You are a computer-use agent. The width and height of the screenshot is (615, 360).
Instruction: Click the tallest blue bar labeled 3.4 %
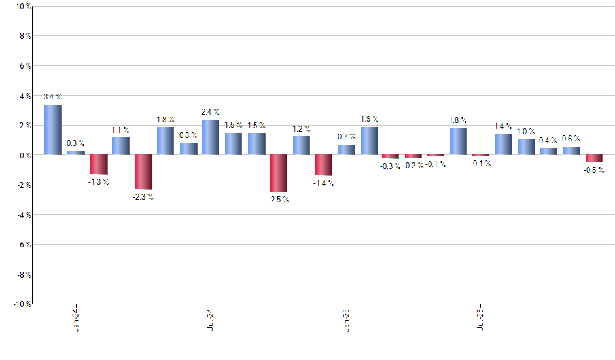[53, 130]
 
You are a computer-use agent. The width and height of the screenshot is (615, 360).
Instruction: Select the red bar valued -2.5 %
[279, 173]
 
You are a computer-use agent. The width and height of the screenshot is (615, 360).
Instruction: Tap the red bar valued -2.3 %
[143, 172]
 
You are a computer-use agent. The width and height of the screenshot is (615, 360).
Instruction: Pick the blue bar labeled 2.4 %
[211, 137]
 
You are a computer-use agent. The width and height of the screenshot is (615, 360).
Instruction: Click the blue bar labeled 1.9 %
[369, 141]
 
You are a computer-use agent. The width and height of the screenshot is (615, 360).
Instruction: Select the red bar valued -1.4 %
[324, 166]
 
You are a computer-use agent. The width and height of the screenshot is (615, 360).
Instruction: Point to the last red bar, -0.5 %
[594, 158]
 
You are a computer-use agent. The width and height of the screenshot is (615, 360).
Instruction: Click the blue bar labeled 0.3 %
[76, 153]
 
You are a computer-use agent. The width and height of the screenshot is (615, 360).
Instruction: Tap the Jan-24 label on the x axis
[76, 319]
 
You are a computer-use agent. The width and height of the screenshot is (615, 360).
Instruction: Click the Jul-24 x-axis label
[211, 319]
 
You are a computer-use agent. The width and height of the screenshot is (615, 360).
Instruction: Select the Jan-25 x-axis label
[346, 319]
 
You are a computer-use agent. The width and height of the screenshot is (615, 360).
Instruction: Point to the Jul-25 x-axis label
[481, 319]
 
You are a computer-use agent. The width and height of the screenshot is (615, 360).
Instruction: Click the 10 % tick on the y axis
[23, 7]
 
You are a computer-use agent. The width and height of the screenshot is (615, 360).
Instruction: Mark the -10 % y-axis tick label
[22, 304]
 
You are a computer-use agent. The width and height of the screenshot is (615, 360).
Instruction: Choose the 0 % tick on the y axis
[24, 155]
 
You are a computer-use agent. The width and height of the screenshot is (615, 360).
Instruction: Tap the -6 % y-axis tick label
[23, 244]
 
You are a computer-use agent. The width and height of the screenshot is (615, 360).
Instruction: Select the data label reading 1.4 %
[504, 126]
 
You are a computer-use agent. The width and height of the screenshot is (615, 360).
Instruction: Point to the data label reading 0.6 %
[571, 138]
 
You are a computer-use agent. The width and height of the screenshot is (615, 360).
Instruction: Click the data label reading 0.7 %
[346, 136]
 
